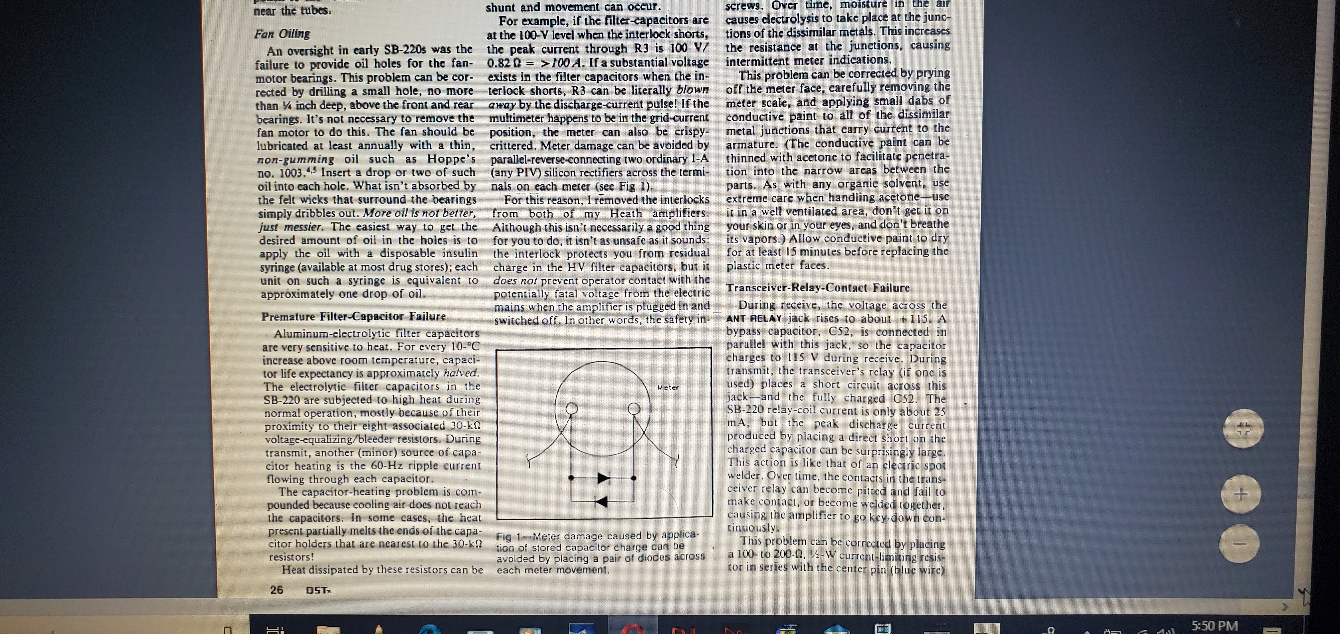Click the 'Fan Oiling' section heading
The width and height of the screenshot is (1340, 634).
pyautogui.click(x=282, y=34)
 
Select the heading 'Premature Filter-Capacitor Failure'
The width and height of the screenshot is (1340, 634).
pyautogui.click(x=353, y=316)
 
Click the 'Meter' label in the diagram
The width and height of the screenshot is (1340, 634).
pyautogui.click(x=668, y=387)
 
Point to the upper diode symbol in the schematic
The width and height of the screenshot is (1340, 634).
pyautogui.click(x=603, y=477)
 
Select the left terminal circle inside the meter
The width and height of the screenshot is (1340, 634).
pyautogui.click(x=572, y=409)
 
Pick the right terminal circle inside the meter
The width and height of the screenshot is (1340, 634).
pyautogui.click(x=633, y=409)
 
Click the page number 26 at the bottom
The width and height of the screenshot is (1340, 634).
pyautogui.click(x=277, y=590)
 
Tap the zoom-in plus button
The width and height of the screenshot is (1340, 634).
pyautogui.click(x=1241, y=494)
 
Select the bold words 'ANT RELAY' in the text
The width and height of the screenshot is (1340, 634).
pyautogui.click(x=754, y=318)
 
